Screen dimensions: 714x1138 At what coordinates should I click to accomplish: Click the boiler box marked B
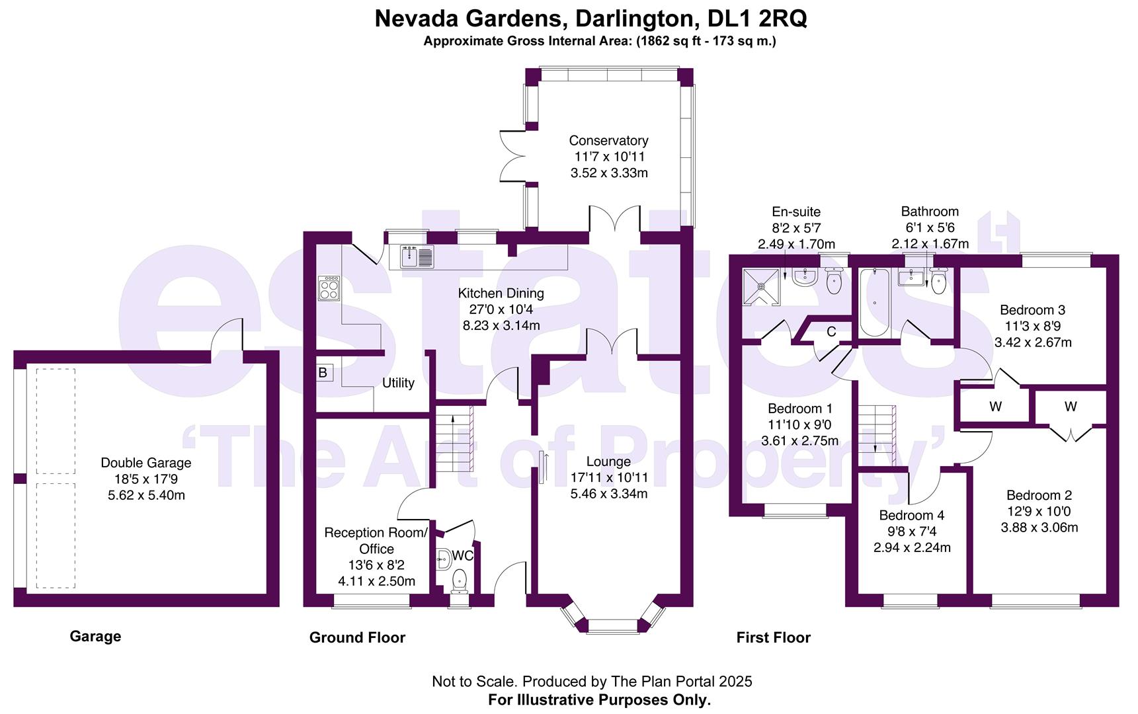click(x=323, y=373)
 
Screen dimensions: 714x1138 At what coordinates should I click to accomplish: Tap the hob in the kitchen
click(x=329, y=288)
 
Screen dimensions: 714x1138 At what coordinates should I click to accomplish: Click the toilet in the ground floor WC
click(x=459, y=581)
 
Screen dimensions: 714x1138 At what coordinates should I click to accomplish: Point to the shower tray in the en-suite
click(x=761, y=287)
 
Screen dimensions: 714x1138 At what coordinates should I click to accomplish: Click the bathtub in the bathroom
click(x=875, y=303)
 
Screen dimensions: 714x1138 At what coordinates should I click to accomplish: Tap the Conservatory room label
click(x=608, y=140)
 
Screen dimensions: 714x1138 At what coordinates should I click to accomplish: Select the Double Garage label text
click(x=146, y=463)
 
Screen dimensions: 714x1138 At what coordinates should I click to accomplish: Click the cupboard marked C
click(x=831, y=332)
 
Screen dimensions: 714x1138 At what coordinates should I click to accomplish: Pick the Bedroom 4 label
click(x=911, y=515)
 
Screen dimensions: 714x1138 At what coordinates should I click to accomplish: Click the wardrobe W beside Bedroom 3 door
click(x=995, y=407)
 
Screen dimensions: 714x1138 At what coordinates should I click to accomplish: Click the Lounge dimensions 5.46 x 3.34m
click(x=608, y=494)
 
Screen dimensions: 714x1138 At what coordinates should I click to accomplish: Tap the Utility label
click(x=398, y=383)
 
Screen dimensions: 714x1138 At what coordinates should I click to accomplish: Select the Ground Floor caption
click(x=357, y=637)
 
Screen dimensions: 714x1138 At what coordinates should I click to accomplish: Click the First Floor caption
click(x=773, y=637)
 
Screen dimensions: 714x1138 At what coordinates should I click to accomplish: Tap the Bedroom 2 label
click(x=1039, y=495)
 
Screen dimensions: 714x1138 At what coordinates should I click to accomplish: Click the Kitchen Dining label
click(x=501, y=293)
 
